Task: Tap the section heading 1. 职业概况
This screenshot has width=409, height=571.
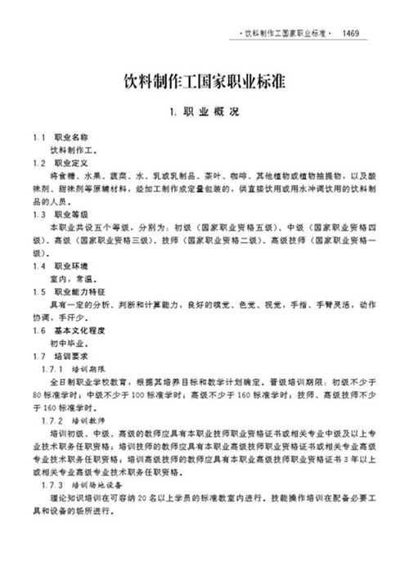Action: [x=204, y=112]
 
